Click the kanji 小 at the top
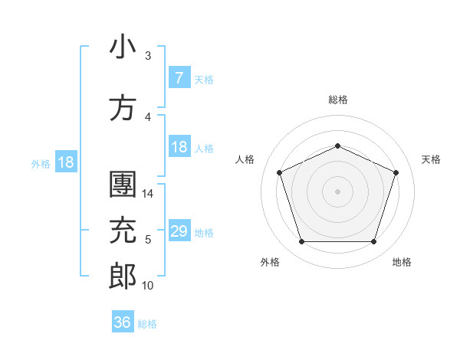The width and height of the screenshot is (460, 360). [123, 47]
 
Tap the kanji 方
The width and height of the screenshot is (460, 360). [123, 108]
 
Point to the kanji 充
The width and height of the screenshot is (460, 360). [123, 231]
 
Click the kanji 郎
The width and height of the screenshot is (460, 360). [123, 277]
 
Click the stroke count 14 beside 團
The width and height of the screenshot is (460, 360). [149, 194]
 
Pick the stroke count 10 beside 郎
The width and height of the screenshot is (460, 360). [148, 285]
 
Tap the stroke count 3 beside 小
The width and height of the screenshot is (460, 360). [148, 55]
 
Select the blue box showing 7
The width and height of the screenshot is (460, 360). [179, 77]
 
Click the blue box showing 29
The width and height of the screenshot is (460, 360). [179, 231]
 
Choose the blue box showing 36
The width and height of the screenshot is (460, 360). [123, 322]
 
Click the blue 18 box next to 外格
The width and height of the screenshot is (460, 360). [65, 162]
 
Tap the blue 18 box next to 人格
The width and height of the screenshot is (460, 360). [179, 147]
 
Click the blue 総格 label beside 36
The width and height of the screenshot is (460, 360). [148, 324]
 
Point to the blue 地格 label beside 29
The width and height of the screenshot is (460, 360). [204, 232]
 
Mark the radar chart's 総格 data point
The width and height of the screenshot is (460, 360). [337, 146]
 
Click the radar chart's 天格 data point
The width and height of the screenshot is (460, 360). [396, 172]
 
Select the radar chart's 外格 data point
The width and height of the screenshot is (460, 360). [301, 242]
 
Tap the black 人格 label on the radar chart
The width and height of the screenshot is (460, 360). [245, 159]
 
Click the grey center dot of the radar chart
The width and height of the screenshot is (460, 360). [337, 191]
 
